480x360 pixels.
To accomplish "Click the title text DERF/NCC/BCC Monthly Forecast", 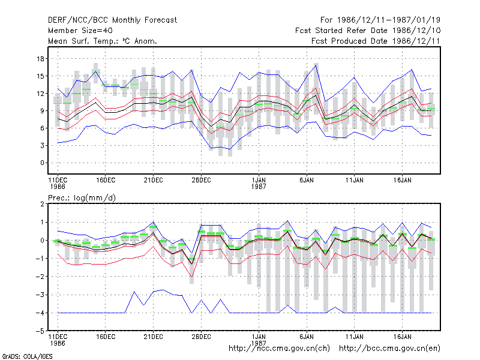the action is (x=112, y=20).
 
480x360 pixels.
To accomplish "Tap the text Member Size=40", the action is (x=80, y=31).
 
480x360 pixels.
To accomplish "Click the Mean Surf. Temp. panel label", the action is (x=102, y=41).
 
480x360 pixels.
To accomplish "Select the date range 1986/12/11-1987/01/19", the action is (x=389, y=20).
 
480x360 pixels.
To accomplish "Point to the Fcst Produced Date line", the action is (x=376, y=41).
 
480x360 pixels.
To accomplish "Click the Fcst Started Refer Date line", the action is (x=368, y=31).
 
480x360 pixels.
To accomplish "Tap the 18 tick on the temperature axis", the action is (x=40, y=59).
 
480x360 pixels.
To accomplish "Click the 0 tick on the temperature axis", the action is (x=42, y=163).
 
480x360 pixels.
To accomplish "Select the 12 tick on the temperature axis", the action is (x=40, y=94).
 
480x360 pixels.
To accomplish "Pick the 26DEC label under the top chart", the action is (x=201, y=180).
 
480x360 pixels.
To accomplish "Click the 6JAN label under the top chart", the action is (x=307, y=180).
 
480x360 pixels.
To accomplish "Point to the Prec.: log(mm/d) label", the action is (x=82, y=198).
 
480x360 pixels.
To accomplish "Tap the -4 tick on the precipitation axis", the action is (x=40, y=313).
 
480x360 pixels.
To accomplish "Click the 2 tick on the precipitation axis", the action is (x=42, y=204).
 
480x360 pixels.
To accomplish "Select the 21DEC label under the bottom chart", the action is (x=153, y=337).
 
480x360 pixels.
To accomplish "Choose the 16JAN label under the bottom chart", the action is (x=402, y=337).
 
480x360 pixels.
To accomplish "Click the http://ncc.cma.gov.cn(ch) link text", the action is (x=279, y=349).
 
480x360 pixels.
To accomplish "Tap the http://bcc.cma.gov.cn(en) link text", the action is (x=389, y=349).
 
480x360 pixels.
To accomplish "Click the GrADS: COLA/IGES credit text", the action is (x=27, y=356).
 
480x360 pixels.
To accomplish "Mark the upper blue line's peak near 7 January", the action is (x=316, y=65).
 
